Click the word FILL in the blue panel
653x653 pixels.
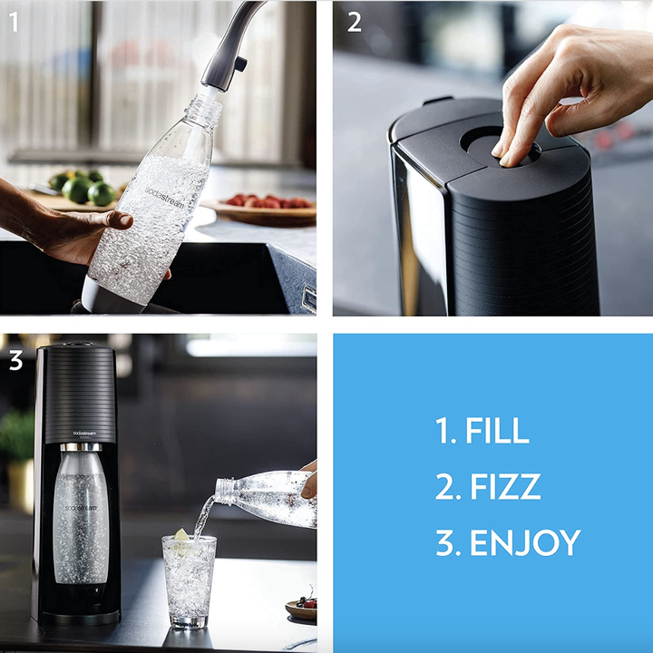497,431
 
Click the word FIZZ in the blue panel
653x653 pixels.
504,487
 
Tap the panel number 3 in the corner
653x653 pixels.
15,360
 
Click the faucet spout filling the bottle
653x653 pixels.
222,54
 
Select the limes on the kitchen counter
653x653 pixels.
86,188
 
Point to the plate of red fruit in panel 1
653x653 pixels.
263,207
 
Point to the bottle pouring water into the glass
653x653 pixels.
268,495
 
